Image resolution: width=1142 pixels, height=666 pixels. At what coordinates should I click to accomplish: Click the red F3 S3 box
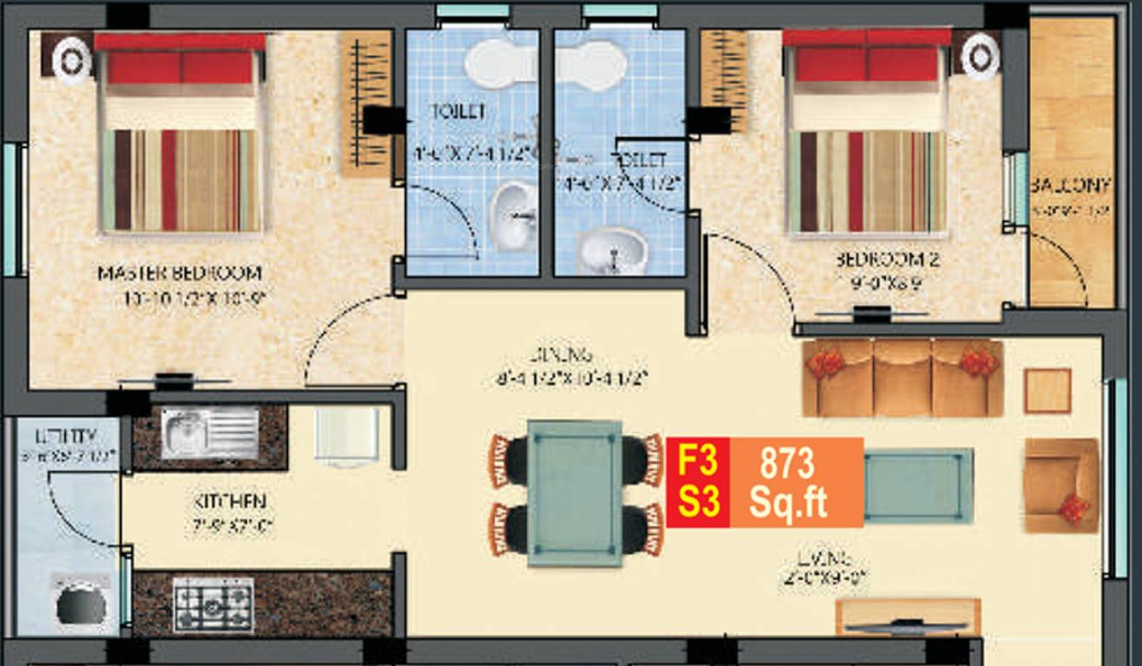698,482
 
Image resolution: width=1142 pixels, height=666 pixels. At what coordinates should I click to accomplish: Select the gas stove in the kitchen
213,604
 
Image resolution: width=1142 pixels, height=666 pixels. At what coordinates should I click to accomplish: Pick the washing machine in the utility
82,603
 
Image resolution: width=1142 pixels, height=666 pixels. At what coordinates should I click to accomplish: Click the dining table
574,493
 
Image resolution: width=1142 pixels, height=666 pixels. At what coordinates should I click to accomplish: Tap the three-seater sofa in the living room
903,378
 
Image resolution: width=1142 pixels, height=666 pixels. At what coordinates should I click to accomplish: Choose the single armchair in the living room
1060,485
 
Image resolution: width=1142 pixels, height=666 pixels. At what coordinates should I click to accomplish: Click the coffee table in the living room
918,486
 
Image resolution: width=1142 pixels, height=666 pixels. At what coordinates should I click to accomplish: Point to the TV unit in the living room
908,617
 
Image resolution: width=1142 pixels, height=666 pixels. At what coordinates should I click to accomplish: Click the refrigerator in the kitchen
347,435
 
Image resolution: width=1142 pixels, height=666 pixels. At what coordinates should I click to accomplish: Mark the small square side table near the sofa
1047,390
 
